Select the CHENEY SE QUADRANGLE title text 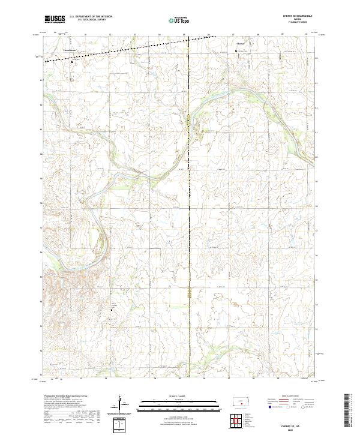point(292,16)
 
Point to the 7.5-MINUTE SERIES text point(292,23)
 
